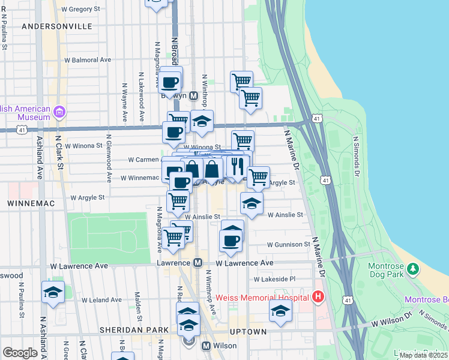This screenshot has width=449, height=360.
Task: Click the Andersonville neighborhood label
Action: pyautogui.click(x=57, y=26)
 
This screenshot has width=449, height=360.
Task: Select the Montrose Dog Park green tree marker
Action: pyautogui.click(x=412, y=268)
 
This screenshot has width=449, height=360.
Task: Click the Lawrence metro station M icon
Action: pyautogui.click(x=197, y=263)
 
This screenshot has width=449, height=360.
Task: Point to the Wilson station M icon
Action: pyautogui.click(x=205, y=346)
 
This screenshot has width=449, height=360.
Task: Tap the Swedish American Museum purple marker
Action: pyautogui.click(x=59, y=112)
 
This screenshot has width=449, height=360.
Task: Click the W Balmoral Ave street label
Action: pyautogui.click(x=88, y=60)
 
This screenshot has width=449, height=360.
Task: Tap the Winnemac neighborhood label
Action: pyautogui.click(x=31, y=204)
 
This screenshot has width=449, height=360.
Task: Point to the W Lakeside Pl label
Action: pyautogui.click(x=275, y=279)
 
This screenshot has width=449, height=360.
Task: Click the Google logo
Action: pyautogui.click(x=20, y=353)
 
